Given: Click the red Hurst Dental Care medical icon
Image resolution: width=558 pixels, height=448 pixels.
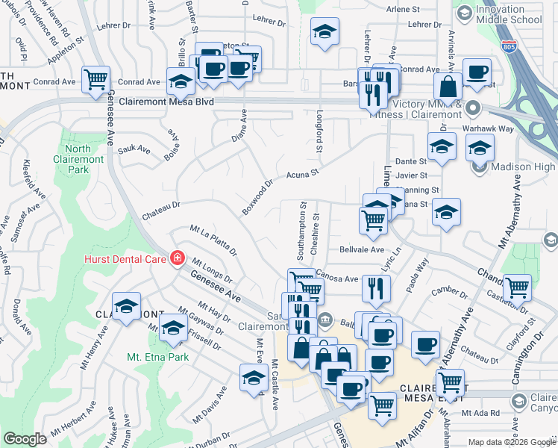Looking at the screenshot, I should (x=177, y=259).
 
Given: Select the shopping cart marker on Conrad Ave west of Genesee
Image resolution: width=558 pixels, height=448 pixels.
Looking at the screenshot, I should (x=96, y=79).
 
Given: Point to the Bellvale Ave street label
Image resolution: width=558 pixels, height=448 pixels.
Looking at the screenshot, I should (x=362, y=249).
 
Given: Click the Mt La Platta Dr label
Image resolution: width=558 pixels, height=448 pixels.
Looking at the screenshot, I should (x=213, y=240).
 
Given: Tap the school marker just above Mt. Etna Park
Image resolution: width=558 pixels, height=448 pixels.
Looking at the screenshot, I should (x=174, y=328).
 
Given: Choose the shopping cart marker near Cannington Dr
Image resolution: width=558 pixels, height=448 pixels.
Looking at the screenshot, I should (x=516, y=287).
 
